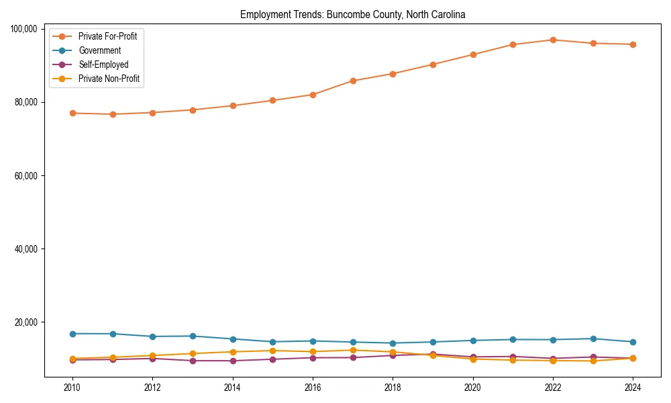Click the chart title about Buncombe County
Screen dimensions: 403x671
click(352, 14)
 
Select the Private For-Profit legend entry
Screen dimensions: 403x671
click(107, 36)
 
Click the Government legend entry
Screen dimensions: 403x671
click(99, 50)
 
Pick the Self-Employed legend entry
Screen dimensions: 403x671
click(103, 64)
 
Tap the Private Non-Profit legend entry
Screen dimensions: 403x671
click(109, 79)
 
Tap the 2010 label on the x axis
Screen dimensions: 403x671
click(72, 387)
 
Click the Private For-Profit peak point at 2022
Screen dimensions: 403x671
click(553, 40)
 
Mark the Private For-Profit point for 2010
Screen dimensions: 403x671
click(72, 113)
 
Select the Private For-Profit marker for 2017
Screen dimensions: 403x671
click(353, 81)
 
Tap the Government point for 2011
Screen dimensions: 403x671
click(113, 334)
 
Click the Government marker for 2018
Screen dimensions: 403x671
click(393, 343)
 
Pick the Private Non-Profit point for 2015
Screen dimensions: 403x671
click(272, 351)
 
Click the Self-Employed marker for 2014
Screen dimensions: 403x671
click(233, 361)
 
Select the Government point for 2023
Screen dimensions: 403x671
click(593, 339)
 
